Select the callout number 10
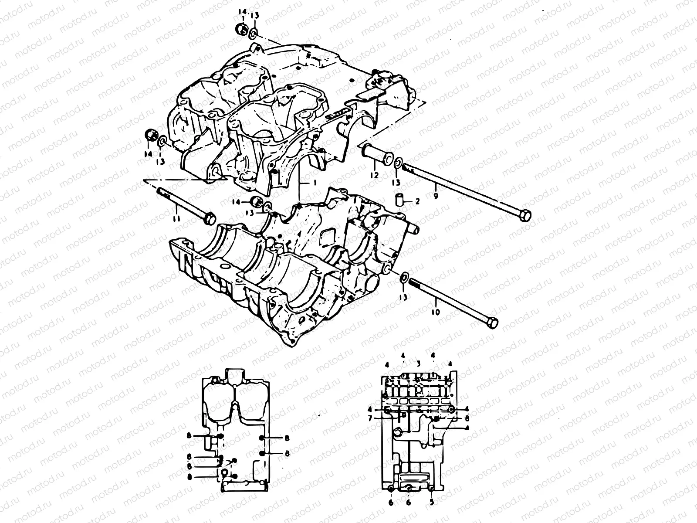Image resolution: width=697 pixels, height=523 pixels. pyautogui.click(x=436, y=312)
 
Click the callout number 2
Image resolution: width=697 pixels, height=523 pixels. pyautogui.click(x=417, y=201)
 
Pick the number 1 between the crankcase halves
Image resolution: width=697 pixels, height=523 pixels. pyautogui.click(x=313, y=183)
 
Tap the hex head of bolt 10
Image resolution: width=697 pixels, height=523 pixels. pyautogui.click(x=493, y=323)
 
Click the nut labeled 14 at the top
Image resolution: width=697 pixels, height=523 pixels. pyautogui.click(x=240, y=30)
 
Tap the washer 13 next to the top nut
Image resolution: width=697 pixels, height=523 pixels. pyautogui.click(x=254, y=33)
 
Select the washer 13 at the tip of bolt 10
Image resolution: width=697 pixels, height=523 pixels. pyautogui.click(x=404, y=277)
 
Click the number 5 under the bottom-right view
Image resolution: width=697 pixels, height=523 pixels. pyautogui.click(x=431, y=502)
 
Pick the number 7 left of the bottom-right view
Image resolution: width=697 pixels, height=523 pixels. pyautogui.click(x=369, y=418)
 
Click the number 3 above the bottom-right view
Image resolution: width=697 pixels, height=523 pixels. pyautogui.click(x=417, y=363)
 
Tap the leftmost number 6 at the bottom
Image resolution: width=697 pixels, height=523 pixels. pyautogui.click(x=391, y=502)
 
